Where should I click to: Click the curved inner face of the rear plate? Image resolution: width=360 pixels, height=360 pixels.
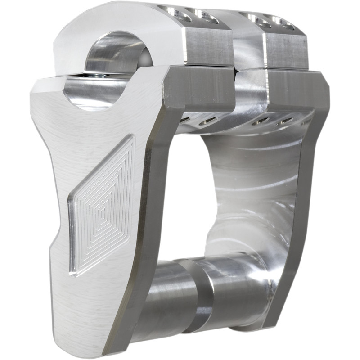click(x=252, y=189)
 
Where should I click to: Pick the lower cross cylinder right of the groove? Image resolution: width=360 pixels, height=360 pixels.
click(x=234, y=288)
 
